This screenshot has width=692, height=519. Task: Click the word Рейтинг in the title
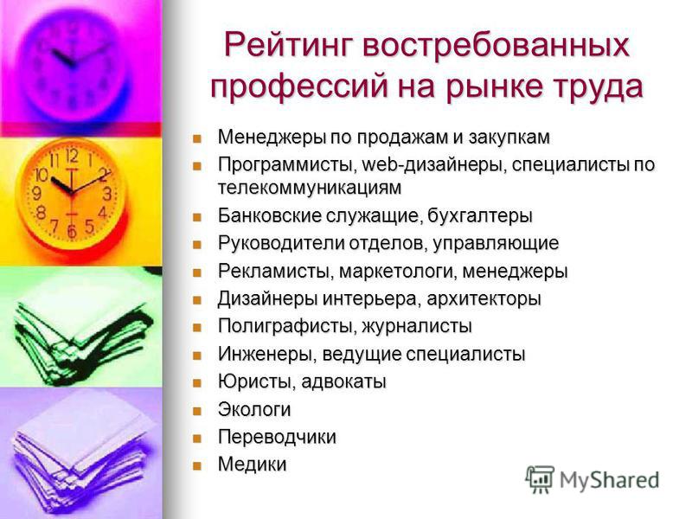pos(289,46)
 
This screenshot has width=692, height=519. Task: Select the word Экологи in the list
pos(254,409)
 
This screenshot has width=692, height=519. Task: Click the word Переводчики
pos(277,437)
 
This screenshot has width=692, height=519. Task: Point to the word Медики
pos(252,465)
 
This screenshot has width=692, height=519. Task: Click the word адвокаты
pos(343,381)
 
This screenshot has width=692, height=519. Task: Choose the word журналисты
pos(417,327)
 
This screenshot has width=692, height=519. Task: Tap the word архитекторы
pos(484,299)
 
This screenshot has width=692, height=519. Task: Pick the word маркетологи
pos(398,272)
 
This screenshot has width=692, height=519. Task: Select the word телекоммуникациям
pos(310,188)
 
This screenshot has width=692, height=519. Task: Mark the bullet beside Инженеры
pos(197,356)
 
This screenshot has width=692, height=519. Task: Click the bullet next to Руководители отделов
pos(197,244)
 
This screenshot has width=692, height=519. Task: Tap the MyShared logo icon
pos(540,479)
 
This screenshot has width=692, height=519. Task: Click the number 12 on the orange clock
pos(72,156)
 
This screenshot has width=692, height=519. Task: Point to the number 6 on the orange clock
pos(72,231)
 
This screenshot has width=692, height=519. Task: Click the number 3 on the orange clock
pos(107,193)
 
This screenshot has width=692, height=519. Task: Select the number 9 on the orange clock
pos(37,193)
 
